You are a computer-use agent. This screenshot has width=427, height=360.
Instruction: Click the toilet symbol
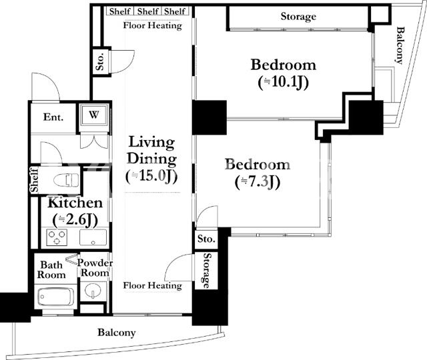click(x=66, y=180)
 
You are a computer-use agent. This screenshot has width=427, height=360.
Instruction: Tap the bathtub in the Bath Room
click(x=56, y=297)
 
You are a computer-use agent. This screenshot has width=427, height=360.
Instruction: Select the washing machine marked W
click(x=93, y=115)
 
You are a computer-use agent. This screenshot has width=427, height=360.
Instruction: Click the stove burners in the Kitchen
click(x=57, y=237)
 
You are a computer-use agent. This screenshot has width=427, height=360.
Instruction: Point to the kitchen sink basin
click(x=93, y=237)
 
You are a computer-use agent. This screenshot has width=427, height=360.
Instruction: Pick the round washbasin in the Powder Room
click(x=92, y=291)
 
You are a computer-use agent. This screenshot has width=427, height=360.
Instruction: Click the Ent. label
click(x=53, y=117)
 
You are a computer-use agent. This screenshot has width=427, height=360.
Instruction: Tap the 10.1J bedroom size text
click(x=283, y=83)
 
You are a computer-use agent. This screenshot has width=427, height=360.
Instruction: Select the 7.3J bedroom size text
click(x=258, y=182)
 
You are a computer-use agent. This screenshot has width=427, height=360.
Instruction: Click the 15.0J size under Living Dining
click(x=151, y=176)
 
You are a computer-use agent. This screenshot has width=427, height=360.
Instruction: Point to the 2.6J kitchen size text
click(x=75, y=220)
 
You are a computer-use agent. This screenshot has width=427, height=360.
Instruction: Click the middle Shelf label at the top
click(x=148, y=11)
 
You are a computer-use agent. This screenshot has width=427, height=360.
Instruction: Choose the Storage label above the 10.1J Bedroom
click(x=298, y=17)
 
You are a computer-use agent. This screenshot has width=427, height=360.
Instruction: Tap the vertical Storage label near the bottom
click(x=207, y=271)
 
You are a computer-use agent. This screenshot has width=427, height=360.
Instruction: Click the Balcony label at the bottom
click(x=117, y=333)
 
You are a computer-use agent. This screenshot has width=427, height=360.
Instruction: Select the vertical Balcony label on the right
click(x=399, y=45)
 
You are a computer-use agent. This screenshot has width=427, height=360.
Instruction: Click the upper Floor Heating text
click(x=153, y=25)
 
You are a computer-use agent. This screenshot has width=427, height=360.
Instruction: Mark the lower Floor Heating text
click(x=153, y=285)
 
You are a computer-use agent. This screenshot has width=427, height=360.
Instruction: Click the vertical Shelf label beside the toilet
click(x=34, y=180)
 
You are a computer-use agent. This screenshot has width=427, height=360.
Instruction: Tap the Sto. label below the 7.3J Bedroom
click(x=206, y=239)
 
